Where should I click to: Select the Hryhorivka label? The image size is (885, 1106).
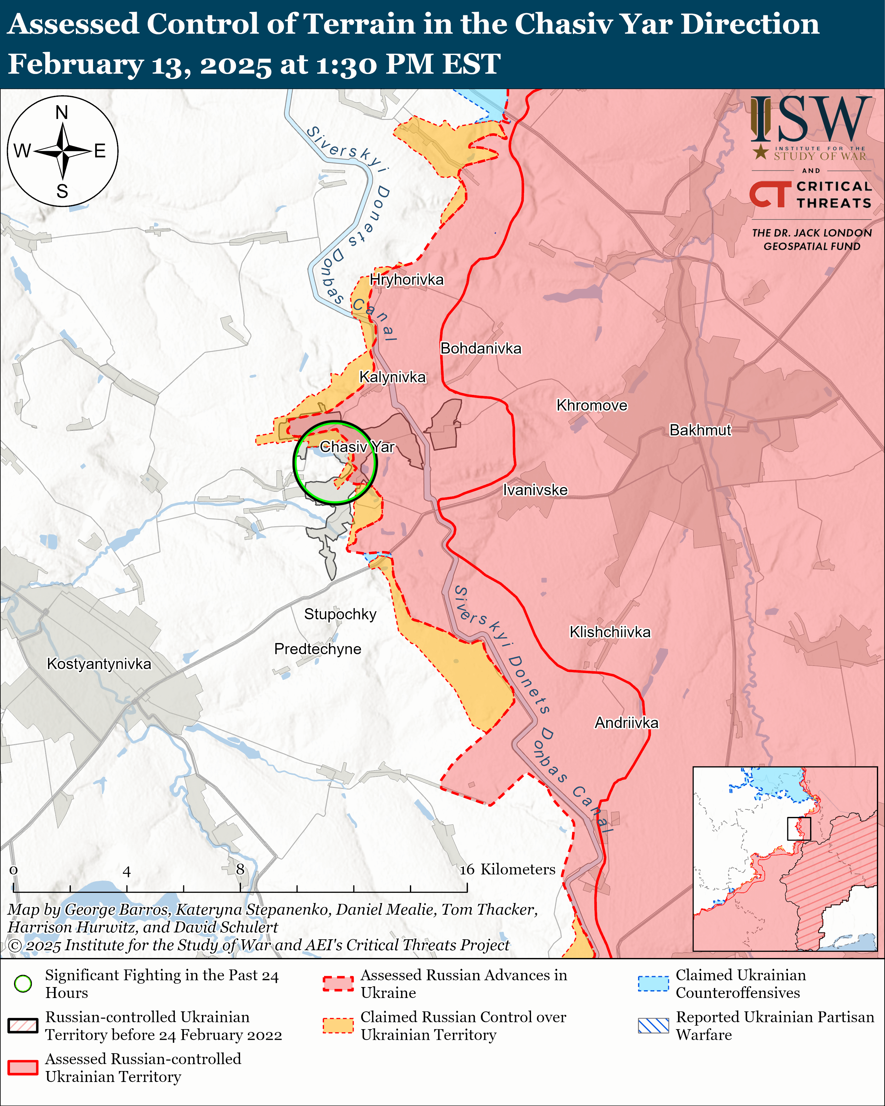(x=406, y=280)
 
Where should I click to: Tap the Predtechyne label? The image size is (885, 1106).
(x=317, y=649)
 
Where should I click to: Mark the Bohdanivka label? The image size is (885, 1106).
(x=481, y=348)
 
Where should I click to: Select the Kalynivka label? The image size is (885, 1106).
(x=392, y=377)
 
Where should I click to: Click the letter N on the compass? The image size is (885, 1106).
(x=62, y=112)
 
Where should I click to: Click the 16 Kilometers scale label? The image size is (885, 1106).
(x=507, y=869)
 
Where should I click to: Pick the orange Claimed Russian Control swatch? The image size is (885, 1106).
(x=338, y=1025)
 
